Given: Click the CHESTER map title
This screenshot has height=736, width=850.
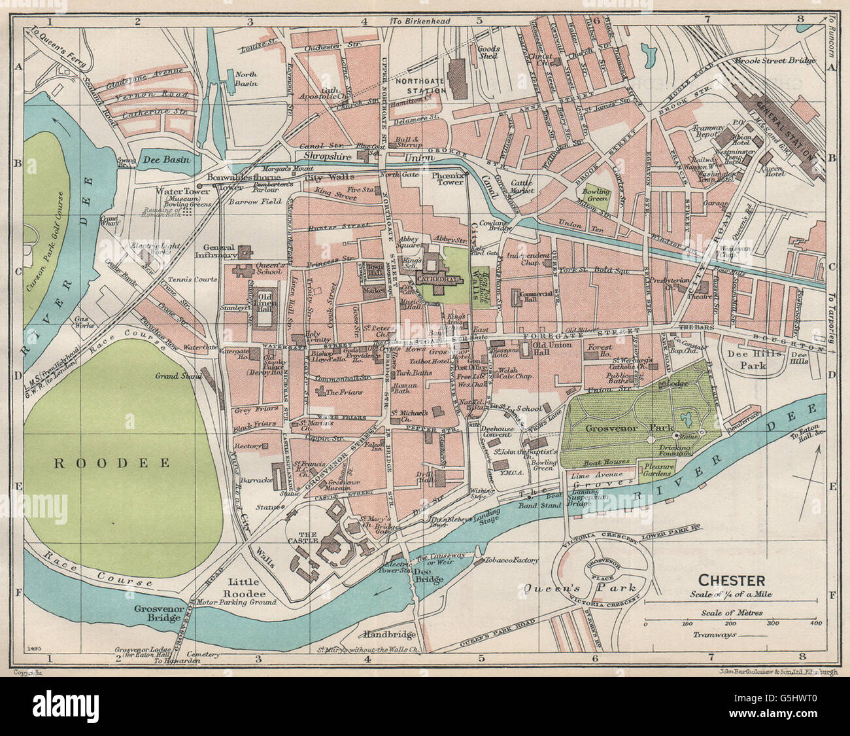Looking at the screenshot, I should coord(732,580).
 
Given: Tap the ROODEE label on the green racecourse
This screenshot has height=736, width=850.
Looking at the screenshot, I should coord(111,463).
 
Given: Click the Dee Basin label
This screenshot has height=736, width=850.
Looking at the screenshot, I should coord(164,159).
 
